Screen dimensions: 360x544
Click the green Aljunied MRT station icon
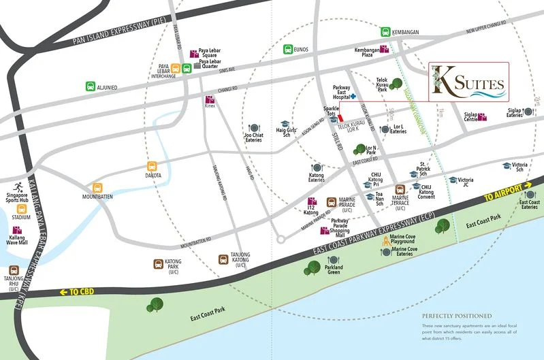coord(91,86)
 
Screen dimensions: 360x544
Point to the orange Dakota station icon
coord(153,166)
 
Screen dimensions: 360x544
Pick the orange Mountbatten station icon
coord(98,187)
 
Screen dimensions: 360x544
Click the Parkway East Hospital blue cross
coord(353,97)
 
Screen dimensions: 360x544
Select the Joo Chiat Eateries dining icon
coord(254,127)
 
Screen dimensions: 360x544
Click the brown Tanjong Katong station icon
coord(223,259)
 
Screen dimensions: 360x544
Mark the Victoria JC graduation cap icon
coord(453,180)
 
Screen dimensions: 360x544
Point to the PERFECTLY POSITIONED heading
coord(456,316)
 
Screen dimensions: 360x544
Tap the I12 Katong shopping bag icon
coord(313,201)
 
